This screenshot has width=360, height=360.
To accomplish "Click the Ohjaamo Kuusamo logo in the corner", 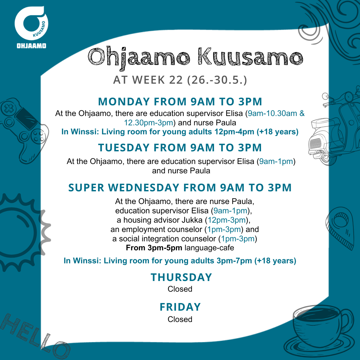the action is coord(31,27).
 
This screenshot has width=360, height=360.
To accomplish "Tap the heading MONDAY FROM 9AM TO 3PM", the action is coord(180,102).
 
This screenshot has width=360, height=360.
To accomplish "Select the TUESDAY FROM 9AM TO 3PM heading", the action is coord(180,148).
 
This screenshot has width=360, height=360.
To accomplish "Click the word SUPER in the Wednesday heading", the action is coord(86,188).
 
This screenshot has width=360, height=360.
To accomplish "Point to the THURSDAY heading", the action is coord(181,277).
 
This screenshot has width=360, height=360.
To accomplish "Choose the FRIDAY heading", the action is coord(180,307).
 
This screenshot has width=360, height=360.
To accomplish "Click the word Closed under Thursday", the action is coord(180,289).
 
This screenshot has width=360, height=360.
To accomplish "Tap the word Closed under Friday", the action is coord(180,319).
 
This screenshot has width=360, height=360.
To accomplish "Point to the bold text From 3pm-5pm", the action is coord(154,248).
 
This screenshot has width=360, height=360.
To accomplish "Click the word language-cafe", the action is coord(209,248).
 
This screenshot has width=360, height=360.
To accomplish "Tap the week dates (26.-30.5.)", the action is coord(217,80).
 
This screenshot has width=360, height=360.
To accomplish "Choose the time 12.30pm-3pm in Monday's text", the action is coord(149,123).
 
